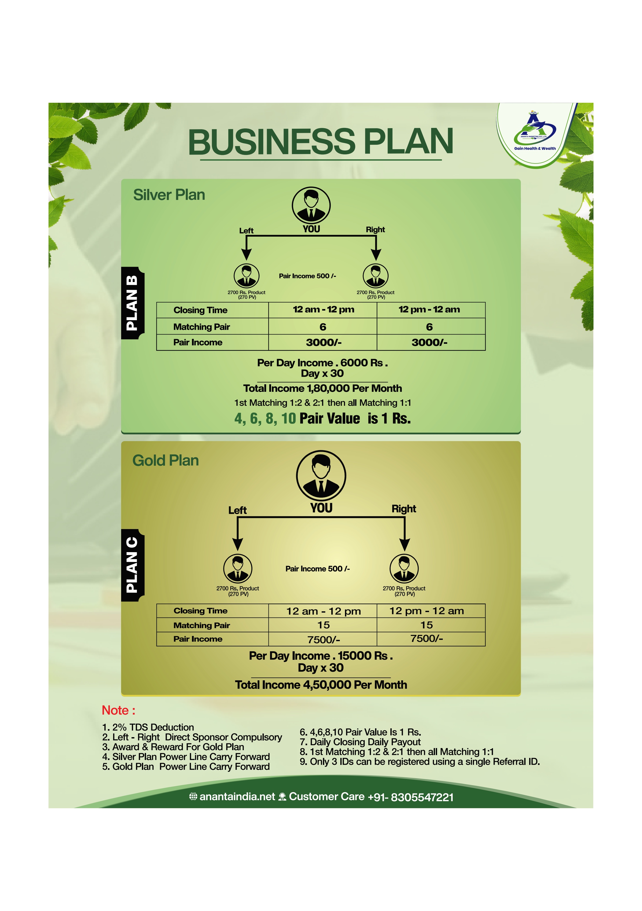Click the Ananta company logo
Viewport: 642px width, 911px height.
(535, 131)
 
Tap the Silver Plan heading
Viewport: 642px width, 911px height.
(169, 195)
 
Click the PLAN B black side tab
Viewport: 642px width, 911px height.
(133, 303)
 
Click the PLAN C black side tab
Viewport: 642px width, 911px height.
(133, 565)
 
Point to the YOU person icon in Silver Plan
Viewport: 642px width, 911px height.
(311, 206)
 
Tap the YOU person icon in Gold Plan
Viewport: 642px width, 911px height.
(321, 475)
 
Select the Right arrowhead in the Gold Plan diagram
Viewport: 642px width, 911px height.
(404, 545)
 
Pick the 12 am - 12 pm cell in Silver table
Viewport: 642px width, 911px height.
(323, 310)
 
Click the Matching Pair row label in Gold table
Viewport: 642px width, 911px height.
(202, 625)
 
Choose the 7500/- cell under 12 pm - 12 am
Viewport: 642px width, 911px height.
(427, 638)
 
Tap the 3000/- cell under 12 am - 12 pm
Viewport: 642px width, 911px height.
(323, 343)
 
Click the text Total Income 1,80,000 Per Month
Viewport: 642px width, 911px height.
(322, 388)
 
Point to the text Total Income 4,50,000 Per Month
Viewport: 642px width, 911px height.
(321, 685)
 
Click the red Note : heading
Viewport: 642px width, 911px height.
(119, 710)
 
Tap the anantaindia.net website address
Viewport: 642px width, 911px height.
(237, 797)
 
